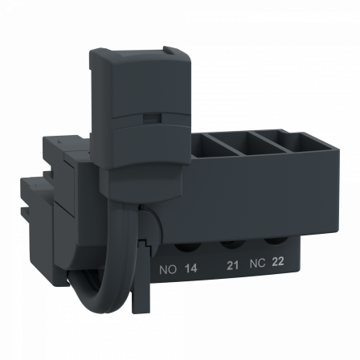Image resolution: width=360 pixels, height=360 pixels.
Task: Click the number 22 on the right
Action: [x=278, y=262]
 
